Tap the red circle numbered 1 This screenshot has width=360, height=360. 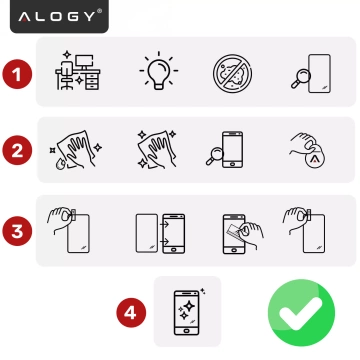14,73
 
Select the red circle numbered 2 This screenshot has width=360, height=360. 14,152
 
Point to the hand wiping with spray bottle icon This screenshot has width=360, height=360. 73,151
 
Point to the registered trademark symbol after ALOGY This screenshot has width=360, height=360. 98,12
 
